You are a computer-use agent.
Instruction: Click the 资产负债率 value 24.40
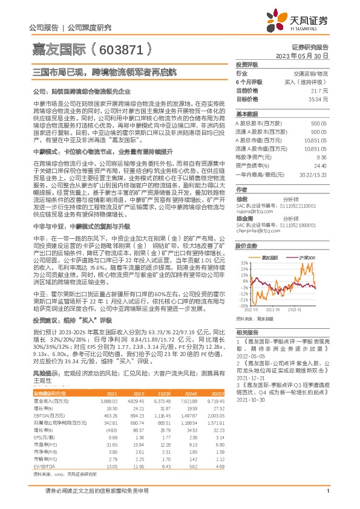[x=319, y=164]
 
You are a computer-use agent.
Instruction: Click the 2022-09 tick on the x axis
[x=274, y=309]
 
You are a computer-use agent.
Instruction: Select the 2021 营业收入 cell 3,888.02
[x=111, y=401]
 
